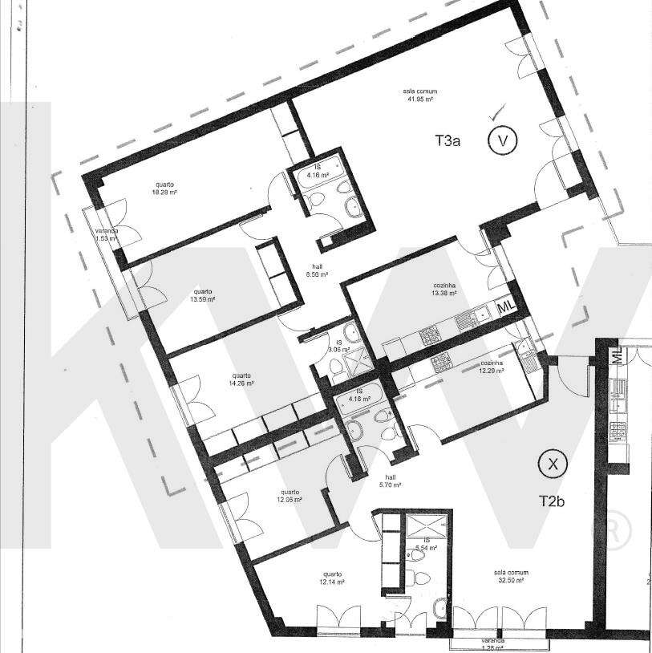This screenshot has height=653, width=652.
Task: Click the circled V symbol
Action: point(503,141)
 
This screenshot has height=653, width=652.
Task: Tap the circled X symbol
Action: point(551,463)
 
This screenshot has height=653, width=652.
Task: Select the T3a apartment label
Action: point(447,141)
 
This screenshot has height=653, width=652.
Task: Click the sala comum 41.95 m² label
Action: point(419,95)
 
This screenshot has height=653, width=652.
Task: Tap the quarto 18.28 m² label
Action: point(165,189)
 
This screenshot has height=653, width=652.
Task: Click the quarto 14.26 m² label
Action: point(241,379)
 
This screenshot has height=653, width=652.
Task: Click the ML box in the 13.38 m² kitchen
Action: point(506,307)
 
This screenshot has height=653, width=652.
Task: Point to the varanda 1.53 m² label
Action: point(104,234)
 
